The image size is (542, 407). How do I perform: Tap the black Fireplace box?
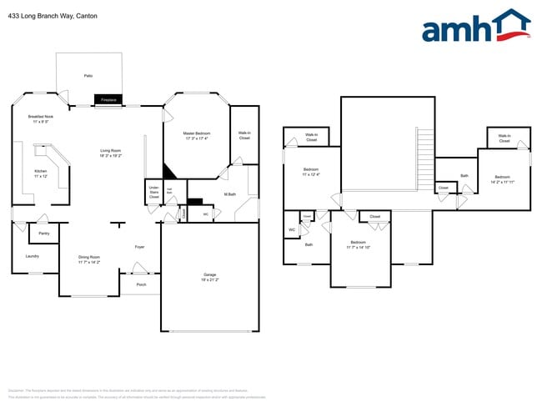pyautogui.click(x=108, y=100)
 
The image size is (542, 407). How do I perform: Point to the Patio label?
pyautogui.click(x=88, y=76)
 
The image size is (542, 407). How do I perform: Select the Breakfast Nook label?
pyautogui.click(x=41, y=119)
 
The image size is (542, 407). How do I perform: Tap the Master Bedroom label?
pyautogui.click(x=197, y=136)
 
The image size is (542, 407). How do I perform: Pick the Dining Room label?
pyautogui.click(x=88, y=259)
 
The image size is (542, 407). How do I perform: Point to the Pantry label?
pyautogui.click(x=43, y=234)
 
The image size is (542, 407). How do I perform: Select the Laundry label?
pyautogui.click(x=33, y=256)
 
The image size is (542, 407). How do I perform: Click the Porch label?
pyautogui.click(x=141, y=284)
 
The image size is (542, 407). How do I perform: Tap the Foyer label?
pyautogui.click(x=140, y=247)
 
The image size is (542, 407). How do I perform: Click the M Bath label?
pyautogui.click(x=230, y=194)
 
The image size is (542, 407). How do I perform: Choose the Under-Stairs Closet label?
pyautogui.click(x=154, y=193)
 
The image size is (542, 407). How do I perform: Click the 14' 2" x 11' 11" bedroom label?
pyautogui.click(x=502, y=178)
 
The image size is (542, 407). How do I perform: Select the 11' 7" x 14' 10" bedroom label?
pyautogui.click(x=360, y=245)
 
